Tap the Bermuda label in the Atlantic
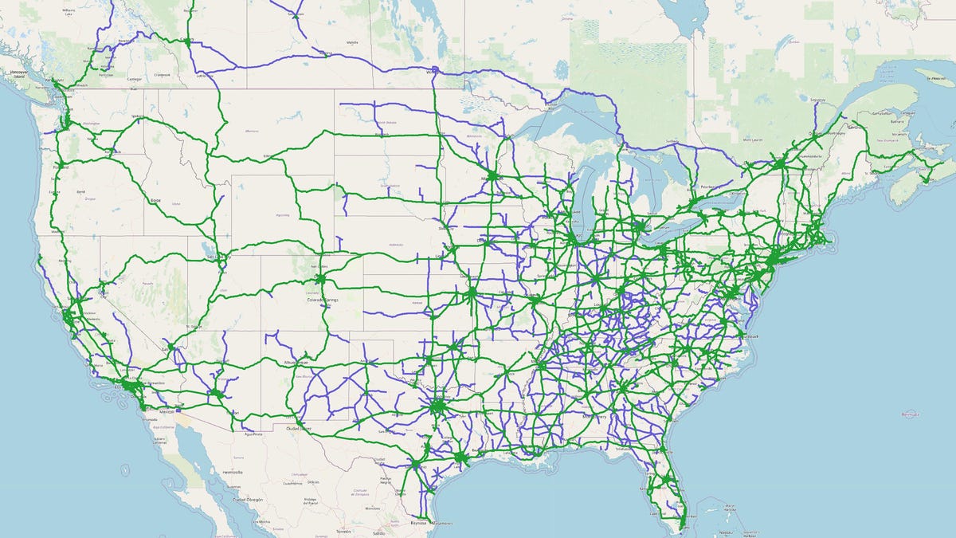910,415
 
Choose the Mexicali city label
167,411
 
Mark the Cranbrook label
163,75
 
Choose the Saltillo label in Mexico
378,533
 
